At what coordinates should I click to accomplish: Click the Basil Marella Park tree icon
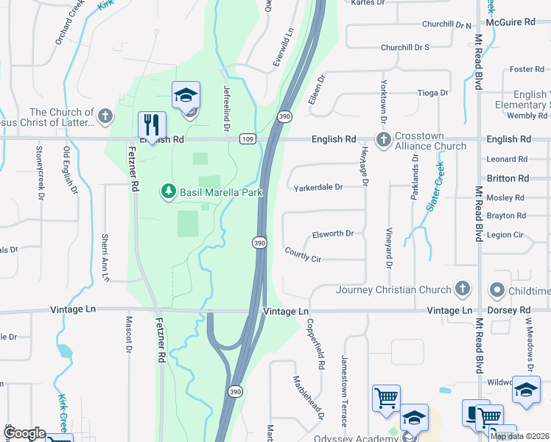(x=169, y=192)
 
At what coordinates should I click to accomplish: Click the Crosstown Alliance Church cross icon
(x=383, y=139)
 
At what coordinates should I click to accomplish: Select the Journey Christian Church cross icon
(x=463, y=288)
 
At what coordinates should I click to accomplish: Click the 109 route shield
(x=248, y=138)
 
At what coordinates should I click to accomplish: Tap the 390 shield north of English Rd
(x=284, y=116)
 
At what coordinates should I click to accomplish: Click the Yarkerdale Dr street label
(x=318, y=188)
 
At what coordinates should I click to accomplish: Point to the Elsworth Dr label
(x=333, y=234)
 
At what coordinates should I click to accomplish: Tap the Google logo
(x=26, y=433)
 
